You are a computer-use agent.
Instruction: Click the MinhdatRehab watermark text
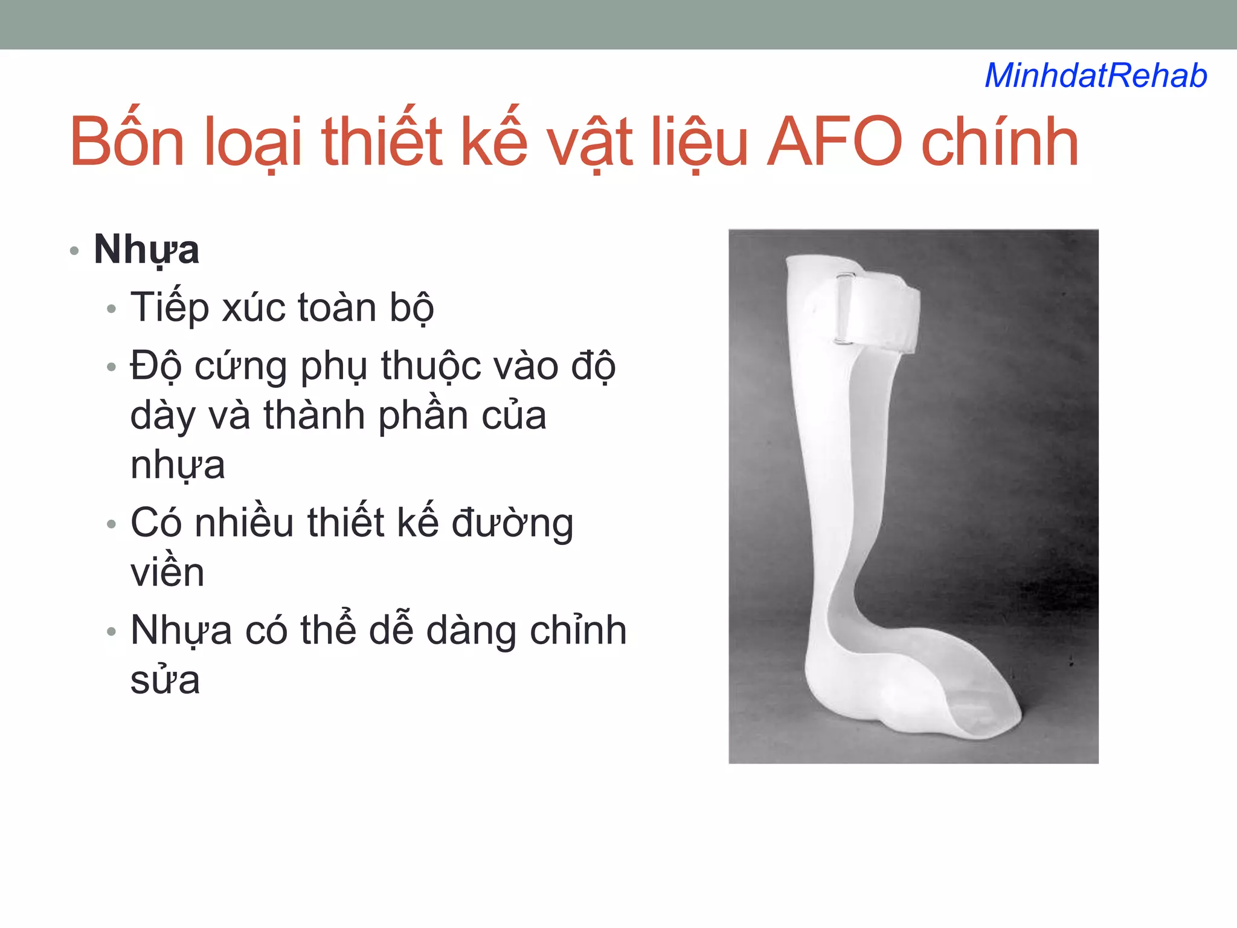(x=1096, y=76)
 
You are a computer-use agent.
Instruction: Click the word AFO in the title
(x=834, y=143)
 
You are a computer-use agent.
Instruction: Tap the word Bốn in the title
(x=127, y=143)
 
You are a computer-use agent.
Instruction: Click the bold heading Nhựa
(x=146, y=250)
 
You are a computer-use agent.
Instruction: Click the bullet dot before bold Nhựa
(x=74, y=251)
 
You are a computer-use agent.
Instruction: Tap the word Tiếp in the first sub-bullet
(x=169, y=308)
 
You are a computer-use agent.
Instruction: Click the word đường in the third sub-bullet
(x=512, y=523)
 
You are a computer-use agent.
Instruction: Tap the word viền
(x=167, y=572)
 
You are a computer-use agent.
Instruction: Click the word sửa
(x=165, y=680)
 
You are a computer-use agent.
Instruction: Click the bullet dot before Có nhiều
(x=111, y=524)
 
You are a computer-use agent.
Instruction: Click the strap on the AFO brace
(x=882, y=314)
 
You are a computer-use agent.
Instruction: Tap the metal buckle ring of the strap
(x=844, y=308)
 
